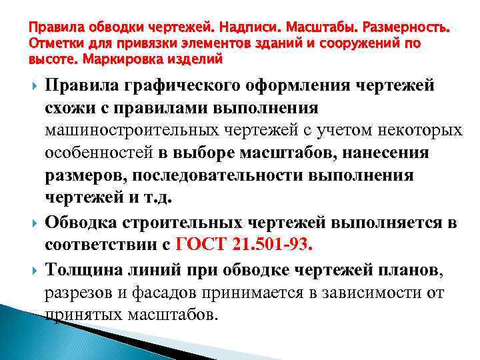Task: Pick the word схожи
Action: coord(69,109)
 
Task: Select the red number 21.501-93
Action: coord(273,243)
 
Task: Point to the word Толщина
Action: coord(84,269)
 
